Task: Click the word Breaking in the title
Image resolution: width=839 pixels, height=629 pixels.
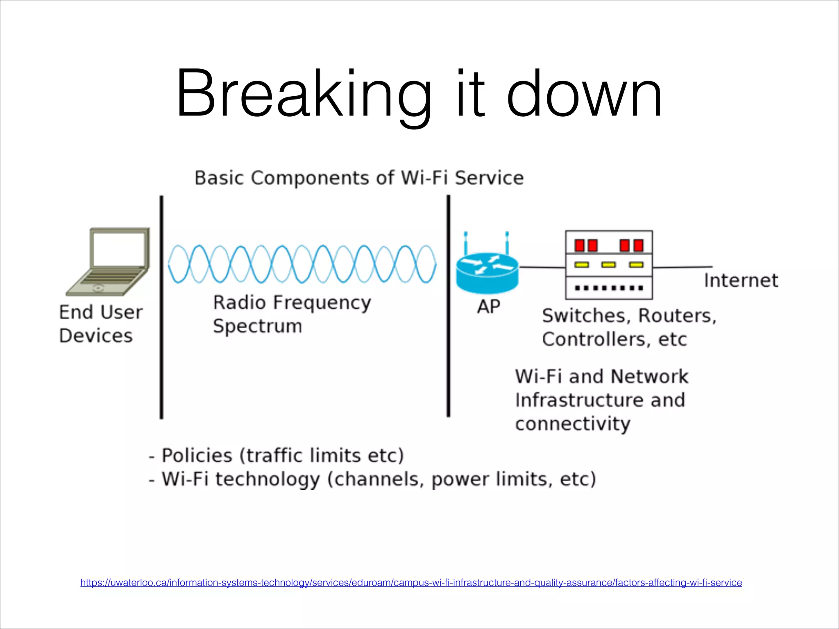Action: pos(303,94)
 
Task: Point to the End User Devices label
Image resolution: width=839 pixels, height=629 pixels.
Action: pos(100,324)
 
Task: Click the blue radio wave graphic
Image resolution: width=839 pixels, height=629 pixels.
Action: pos(302,264)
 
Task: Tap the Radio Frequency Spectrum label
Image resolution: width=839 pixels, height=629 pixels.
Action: pos(292,314)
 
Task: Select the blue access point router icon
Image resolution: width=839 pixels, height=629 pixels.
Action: pos(487,272)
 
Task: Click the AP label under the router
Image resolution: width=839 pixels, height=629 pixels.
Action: pos(488,307)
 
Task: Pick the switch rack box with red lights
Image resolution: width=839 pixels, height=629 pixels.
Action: pos(609,265)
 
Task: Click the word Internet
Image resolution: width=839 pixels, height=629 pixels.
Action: pos(741,281)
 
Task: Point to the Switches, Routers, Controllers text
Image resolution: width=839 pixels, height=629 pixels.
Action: pos(629,327)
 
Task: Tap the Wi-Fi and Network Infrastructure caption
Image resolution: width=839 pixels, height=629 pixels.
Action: pos(601,400)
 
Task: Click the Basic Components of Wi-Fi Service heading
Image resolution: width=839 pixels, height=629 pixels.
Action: pos(359,178)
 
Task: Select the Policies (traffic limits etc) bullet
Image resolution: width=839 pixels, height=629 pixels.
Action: pos(277,455)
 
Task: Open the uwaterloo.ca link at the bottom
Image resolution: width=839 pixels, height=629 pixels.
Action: pos(411,582)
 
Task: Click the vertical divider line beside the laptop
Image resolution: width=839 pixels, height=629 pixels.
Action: pos(161,307)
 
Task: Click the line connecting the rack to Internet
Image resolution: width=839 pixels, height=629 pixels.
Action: pos(682,267)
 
